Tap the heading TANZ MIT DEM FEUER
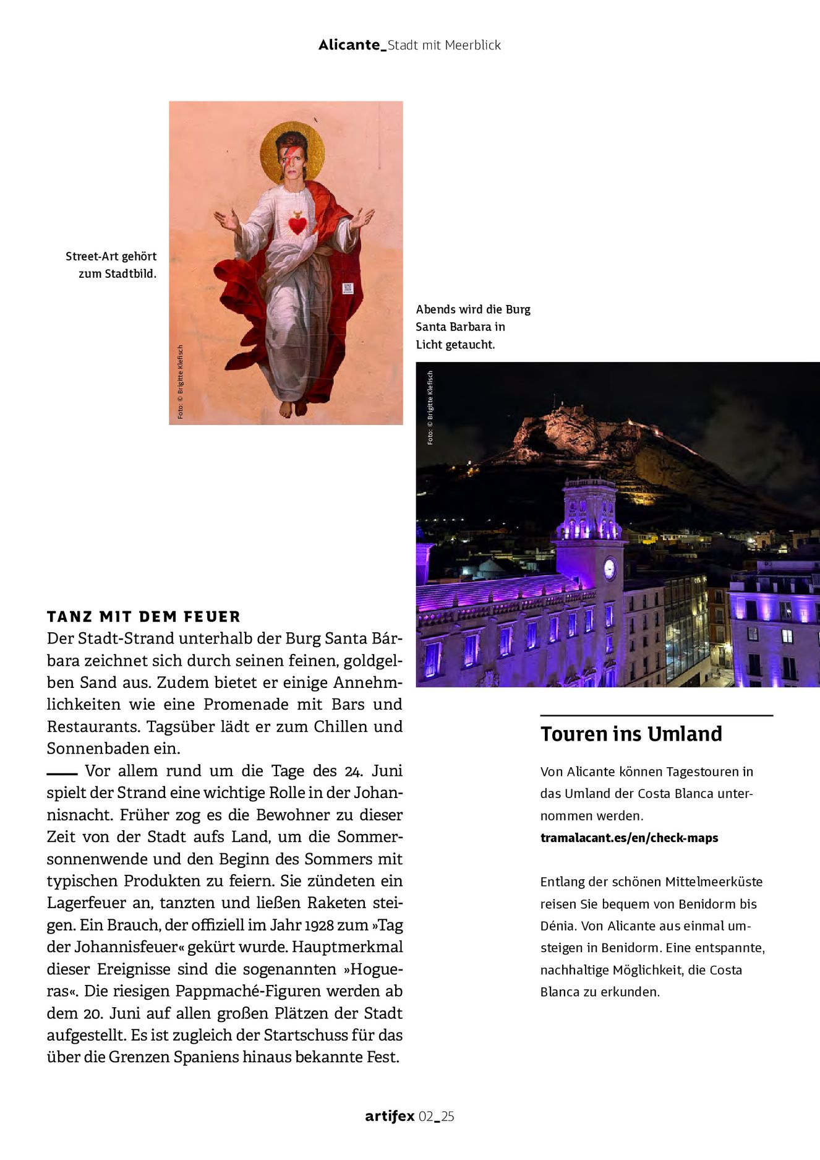[x=143, y=617]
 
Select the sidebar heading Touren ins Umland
[x=631, y=734]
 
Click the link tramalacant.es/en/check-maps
[x=629, y=838]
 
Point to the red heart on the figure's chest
[x=297, y=225]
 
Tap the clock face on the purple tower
[x=609, y=568]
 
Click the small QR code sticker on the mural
[x=348, y=288]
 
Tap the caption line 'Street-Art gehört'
[x=111, y=256]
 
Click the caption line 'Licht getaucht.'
[x=455, y=345]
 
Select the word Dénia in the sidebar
[x=558, y=926]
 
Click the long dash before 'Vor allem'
[x=61, y=773]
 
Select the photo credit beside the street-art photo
[x=181, y=382]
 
